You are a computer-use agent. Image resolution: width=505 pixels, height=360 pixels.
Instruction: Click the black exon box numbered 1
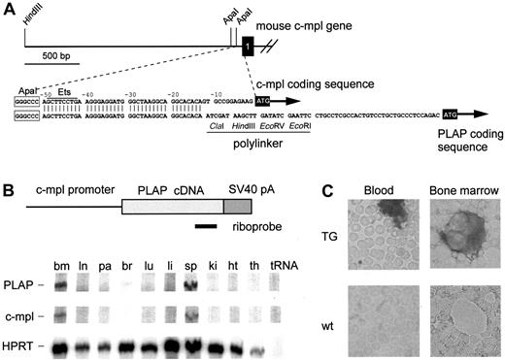(248, 48)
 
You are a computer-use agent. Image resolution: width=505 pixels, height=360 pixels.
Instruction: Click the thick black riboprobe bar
(205, 228)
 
